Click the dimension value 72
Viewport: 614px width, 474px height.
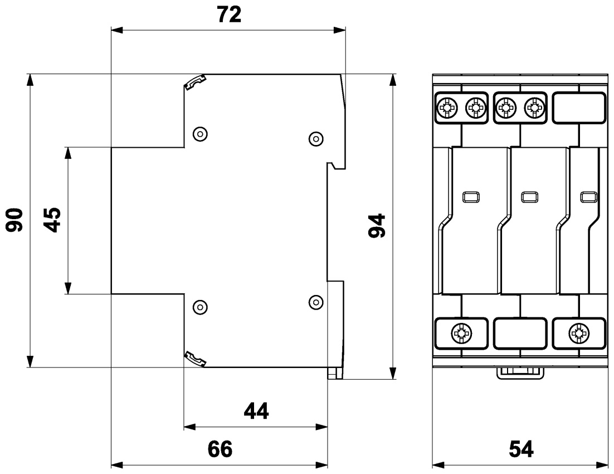228,15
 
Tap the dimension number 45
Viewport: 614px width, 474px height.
52,220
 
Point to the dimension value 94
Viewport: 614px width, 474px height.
378,225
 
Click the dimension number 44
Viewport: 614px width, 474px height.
256,412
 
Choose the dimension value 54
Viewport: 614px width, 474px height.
520,449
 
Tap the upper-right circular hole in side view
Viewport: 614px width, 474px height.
316,138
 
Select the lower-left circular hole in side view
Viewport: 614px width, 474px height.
199,306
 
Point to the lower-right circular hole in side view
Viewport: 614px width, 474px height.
316,302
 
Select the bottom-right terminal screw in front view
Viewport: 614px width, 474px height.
578,334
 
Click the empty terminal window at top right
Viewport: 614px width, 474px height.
578,107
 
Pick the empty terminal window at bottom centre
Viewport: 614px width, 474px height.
520,333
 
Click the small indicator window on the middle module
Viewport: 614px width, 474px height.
528,196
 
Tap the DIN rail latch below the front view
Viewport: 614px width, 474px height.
519,372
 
